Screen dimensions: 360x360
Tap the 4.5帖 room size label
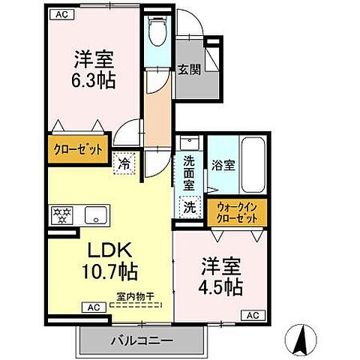221,287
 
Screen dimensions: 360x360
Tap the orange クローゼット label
77,148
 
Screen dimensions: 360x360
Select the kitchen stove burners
61,215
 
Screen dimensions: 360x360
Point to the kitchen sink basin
96,216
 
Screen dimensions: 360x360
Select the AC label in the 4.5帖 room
253,316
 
